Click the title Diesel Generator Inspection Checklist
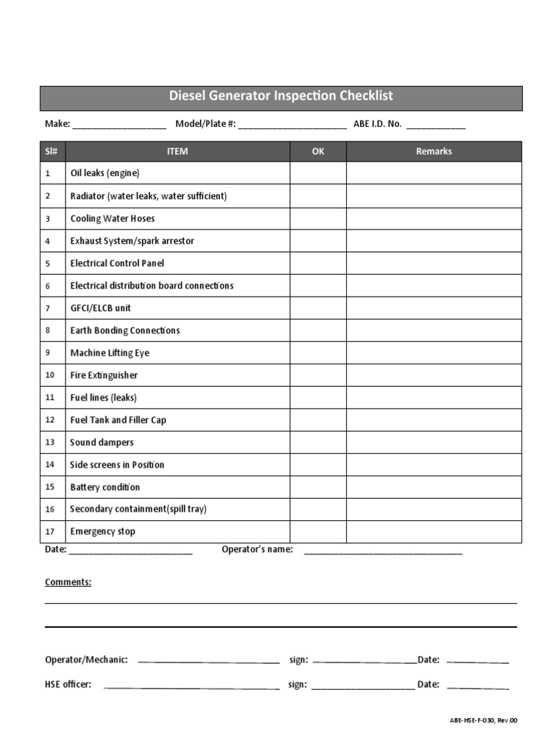click(x=281, y=96)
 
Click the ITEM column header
click(x=177, y=152)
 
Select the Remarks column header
click(x=434, y=152)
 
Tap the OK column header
click(x=318, y=152)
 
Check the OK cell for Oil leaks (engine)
click(x=318, y=173)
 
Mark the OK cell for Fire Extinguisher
click(x=318, y=375)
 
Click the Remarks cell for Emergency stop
click(x=434, y=532)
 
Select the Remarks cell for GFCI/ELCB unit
click(x=434, y=308)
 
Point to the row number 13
click(x=50, y=442)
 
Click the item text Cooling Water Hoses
click(x=113, y=219)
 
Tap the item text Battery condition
click(x=105, y=487)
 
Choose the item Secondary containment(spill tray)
click(x=138, y=510)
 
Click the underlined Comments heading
click(x=68, y=582)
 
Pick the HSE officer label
click(x=68, y=685)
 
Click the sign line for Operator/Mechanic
click(x=365, y=660)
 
